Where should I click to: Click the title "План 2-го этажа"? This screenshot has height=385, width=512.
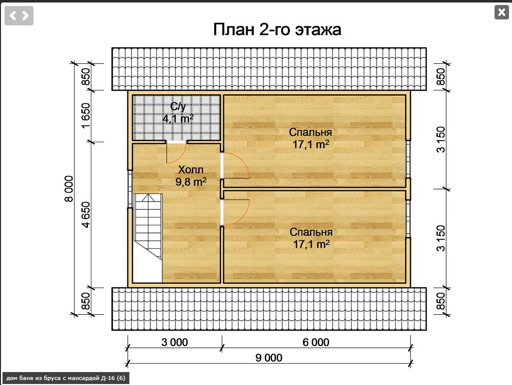[277, 29]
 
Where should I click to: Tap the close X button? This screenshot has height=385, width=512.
[501, 12]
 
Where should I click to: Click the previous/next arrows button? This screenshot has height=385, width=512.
[19, 16]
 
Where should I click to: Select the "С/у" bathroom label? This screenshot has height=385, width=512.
[178, 106]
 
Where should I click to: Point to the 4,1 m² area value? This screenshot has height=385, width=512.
[178, 119]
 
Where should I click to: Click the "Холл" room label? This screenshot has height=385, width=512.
[191, 170]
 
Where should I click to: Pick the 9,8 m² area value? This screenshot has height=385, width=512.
[191, 182]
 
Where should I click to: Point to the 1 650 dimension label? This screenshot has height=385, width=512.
[86, 116]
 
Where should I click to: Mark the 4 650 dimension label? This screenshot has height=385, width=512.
[86, 214]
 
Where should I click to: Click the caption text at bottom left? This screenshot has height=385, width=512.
[65, 379]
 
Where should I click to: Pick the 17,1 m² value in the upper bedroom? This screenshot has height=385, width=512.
[311, 145]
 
